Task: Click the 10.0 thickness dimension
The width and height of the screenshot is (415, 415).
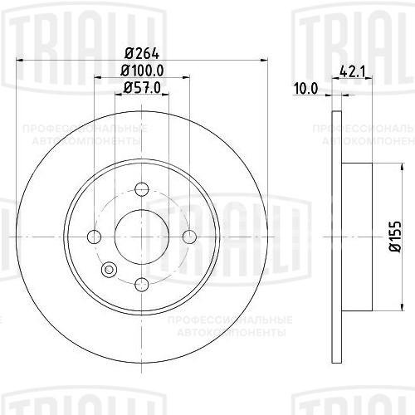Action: coord(309,89)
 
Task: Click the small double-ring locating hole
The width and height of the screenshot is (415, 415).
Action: coord(108,269)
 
